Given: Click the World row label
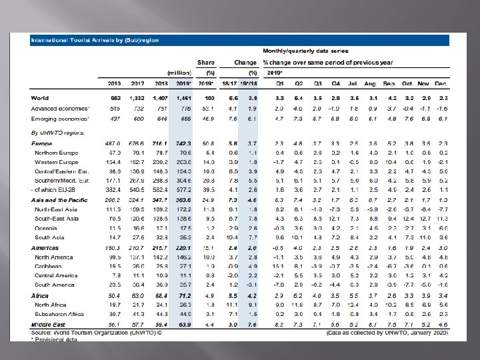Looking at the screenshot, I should (39, 98).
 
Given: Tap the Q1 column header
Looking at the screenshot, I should (281, 83).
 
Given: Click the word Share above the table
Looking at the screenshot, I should (205, 62).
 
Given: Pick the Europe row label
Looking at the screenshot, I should (42, 143).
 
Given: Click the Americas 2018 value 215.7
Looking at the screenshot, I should (161, 248).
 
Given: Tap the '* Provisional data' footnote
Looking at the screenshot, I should (54, 339).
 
